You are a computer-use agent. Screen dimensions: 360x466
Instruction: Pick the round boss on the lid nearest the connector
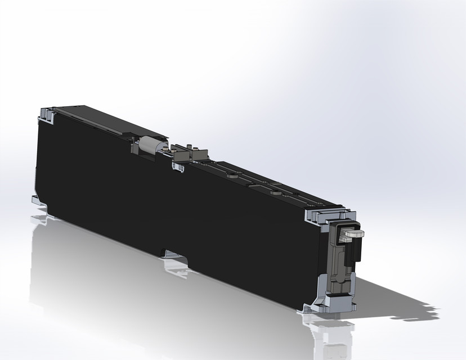pos(275,192)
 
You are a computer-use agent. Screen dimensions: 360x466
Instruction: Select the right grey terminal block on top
pos(200,155)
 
